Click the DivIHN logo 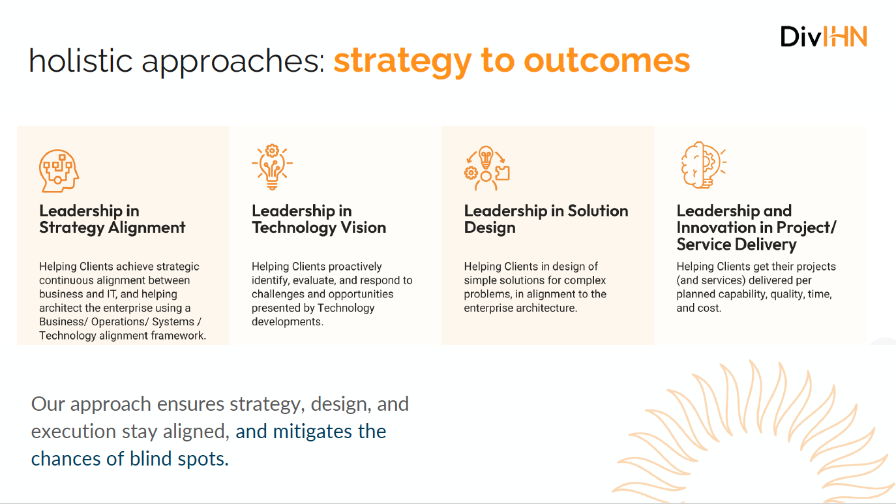(x=824, y=37)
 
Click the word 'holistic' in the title (x=81, y=61)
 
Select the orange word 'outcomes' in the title (x=607, y=61)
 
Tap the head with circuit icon (x=59, y=171)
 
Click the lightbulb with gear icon (x=272, y=167)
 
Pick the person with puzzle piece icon (x=486, y=168)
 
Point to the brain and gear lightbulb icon (x=703, y=165)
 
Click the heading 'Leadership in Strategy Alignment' (x=112, y=219)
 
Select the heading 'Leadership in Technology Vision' (x=319, y=219)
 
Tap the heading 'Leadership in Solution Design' (x=546, y=219)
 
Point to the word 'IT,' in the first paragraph (x=112, y=294)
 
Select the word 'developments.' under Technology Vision (x=287, y=321)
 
